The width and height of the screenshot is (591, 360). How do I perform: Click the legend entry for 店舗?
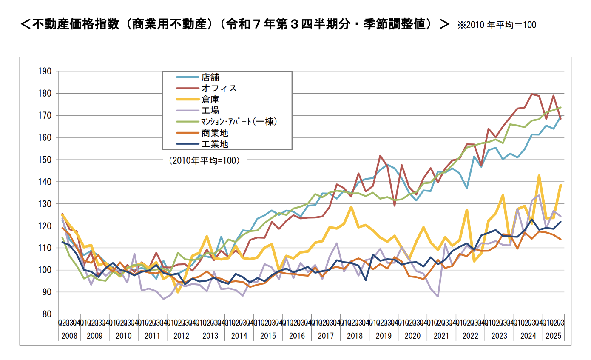210,77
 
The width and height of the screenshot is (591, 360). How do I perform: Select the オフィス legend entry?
219,89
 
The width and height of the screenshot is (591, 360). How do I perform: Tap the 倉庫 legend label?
210,100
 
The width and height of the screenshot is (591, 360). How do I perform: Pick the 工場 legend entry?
210,111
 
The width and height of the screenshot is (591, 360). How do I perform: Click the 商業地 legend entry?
215,133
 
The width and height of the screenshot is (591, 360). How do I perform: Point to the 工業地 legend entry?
215,144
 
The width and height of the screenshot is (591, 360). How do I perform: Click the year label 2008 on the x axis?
69,336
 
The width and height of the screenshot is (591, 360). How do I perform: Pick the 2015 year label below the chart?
268,336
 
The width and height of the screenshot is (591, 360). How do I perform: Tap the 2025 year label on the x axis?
553,336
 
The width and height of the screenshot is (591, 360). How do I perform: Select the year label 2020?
412,336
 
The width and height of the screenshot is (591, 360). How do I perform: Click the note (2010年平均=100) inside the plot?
204,161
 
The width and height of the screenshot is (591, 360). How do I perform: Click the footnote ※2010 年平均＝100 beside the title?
497,25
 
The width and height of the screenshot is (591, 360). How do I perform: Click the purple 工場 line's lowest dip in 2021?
438,296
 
